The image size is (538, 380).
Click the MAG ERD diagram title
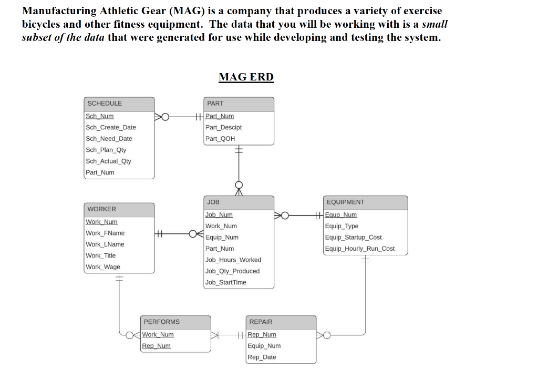[246, 77]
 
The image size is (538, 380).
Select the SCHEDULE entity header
[105, 104]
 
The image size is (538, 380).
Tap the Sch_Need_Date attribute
[109, 139]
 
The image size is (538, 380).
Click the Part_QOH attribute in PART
[220, 139]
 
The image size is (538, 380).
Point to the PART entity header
[215, 104]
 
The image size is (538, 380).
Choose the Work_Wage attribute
[103, 267]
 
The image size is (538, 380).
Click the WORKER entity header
[102, 209]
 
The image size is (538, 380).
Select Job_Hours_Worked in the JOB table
[233, 260]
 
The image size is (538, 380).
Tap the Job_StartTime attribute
[225, 283]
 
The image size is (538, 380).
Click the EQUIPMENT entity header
[345, 202]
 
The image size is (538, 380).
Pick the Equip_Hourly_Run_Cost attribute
[360, 249]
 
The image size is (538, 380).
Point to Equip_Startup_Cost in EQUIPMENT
[353, 238]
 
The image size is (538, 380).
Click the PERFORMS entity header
[162, 322]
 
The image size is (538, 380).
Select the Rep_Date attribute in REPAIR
[262, 357]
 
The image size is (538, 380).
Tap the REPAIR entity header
[261, 322]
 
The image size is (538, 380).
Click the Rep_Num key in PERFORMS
[156, 346]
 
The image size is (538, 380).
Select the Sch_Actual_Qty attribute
[108, 161]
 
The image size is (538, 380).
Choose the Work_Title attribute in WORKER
[100, 256]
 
